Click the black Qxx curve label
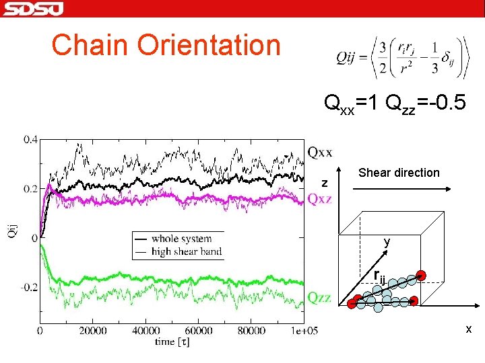(x=320, y=152)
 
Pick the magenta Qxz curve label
(x=320, y=198)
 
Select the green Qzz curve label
(x=320, y=297)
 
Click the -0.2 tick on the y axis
(x=28, y=287)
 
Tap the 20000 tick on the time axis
(x=93, y=331)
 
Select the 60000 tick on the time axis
(x=199, y=331)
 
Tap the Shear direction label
(x=399, y=173)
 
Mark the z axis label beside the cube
(x=325, y=184)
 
